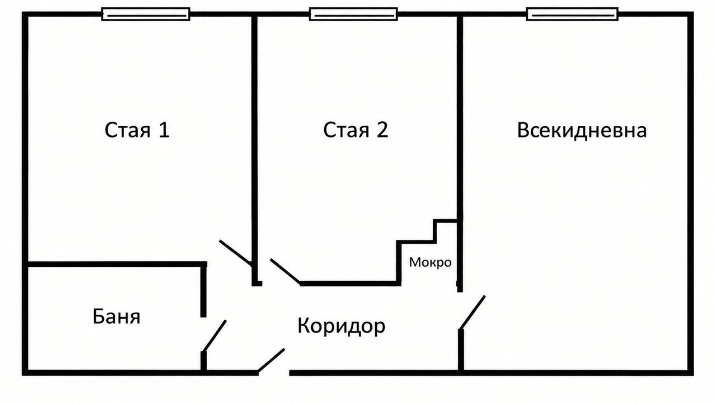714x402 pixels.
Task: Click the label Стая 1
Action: (137, 130)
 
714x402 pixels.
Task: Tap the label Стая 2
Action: (356, 130)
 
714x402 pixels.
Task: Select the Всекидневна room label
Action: (582, 131)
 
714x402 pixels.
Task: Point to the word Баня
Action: (116, 317)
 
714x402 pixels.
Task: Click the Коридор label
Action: (341, 326)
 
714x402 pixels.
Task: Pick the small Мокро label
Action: (430, 262)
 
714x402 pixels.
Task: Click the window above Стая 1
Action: (146, 14)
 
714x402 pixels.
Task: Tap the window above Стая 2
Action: (354, 14)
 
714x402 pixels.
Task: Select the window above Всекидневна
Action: (573, 14)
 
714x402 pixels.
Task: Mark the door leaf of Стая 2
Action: (285, 271)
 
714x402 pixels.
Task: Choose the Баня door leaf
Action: (214, 336)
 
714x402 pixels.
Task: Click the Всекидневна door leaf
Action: (472, 313)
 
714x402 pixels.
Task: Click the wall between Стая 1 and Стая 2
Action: (255, 149)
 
